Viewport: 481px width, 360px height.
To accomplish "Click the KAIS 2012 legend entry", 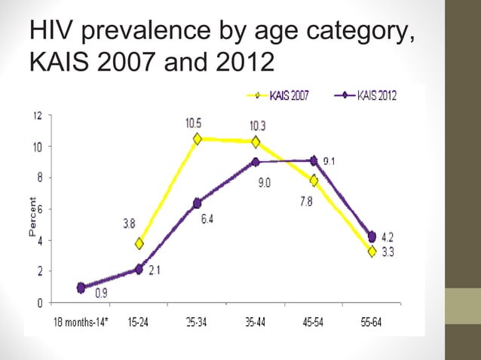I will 369,95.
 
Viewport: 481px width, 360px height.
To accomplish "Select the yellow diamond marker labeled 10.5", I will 198,139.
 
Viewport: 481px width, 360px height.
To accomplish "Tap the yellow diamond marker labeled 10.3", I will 256,142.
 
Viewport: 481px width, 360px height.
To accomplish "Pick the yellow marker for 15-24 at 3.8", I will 139,243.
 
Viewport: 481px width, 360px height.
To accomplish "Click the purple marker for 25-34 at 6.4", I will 198,203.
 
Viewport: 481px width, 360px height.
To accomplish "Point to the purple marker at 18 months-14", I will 81,288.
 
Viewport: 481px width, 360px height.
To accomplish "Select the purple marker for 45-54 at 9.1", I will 314,160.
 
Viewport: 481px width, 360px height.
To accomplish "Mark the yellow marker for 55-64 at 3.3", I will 372,252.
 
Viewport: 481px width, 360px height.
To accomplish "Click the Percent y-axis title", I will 32,218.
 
